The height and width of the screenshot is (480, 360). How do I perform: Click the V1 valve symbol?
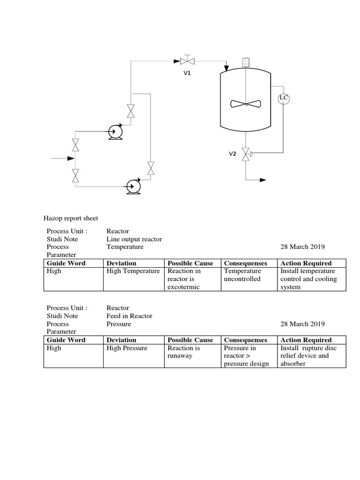(188, 60)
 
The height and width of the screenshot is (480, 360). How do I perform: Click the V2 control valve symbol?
(245, 154)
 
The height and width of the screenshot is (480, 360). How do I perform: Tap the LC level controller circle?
(284, 98)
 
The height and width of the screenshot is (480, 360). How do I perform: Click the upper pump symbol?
(114, 132)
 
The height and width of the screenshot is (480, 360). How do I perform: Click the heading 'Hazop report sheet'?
(71, 218)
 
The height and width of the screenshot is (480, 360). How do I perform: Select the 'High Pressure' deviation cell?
(127, 348)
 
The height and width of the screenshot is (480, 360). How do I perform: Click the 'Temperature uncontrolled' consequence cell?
(242, 275)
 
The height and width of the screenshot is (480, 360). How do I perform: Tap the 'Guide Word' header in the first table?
(66, 263)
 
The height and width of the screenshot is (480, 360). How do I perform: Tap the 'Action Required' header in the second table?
(306, 340)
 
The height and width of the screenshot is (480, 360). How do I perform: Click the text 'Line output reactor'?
(134, 239)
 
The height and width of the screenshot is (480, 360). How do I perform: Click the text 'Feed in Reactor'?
(129, 316)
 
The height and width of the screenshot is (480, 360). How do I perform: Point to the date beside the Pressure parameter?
(302, 324)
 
